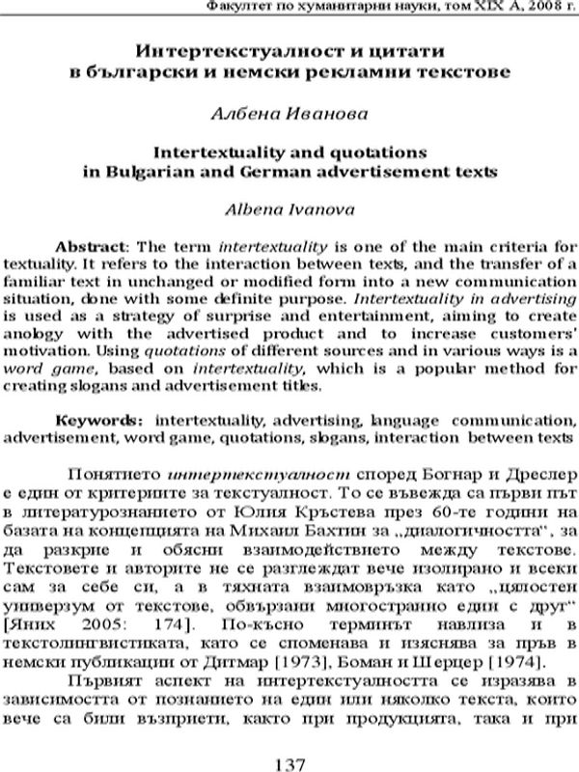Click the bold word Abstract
(x=87, y=245)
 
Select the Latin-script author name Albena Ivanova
(x=289, y=207)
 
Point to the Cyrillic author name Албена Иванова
(x=289, y=113)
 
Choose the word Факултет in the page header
(x=240, y=9)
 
